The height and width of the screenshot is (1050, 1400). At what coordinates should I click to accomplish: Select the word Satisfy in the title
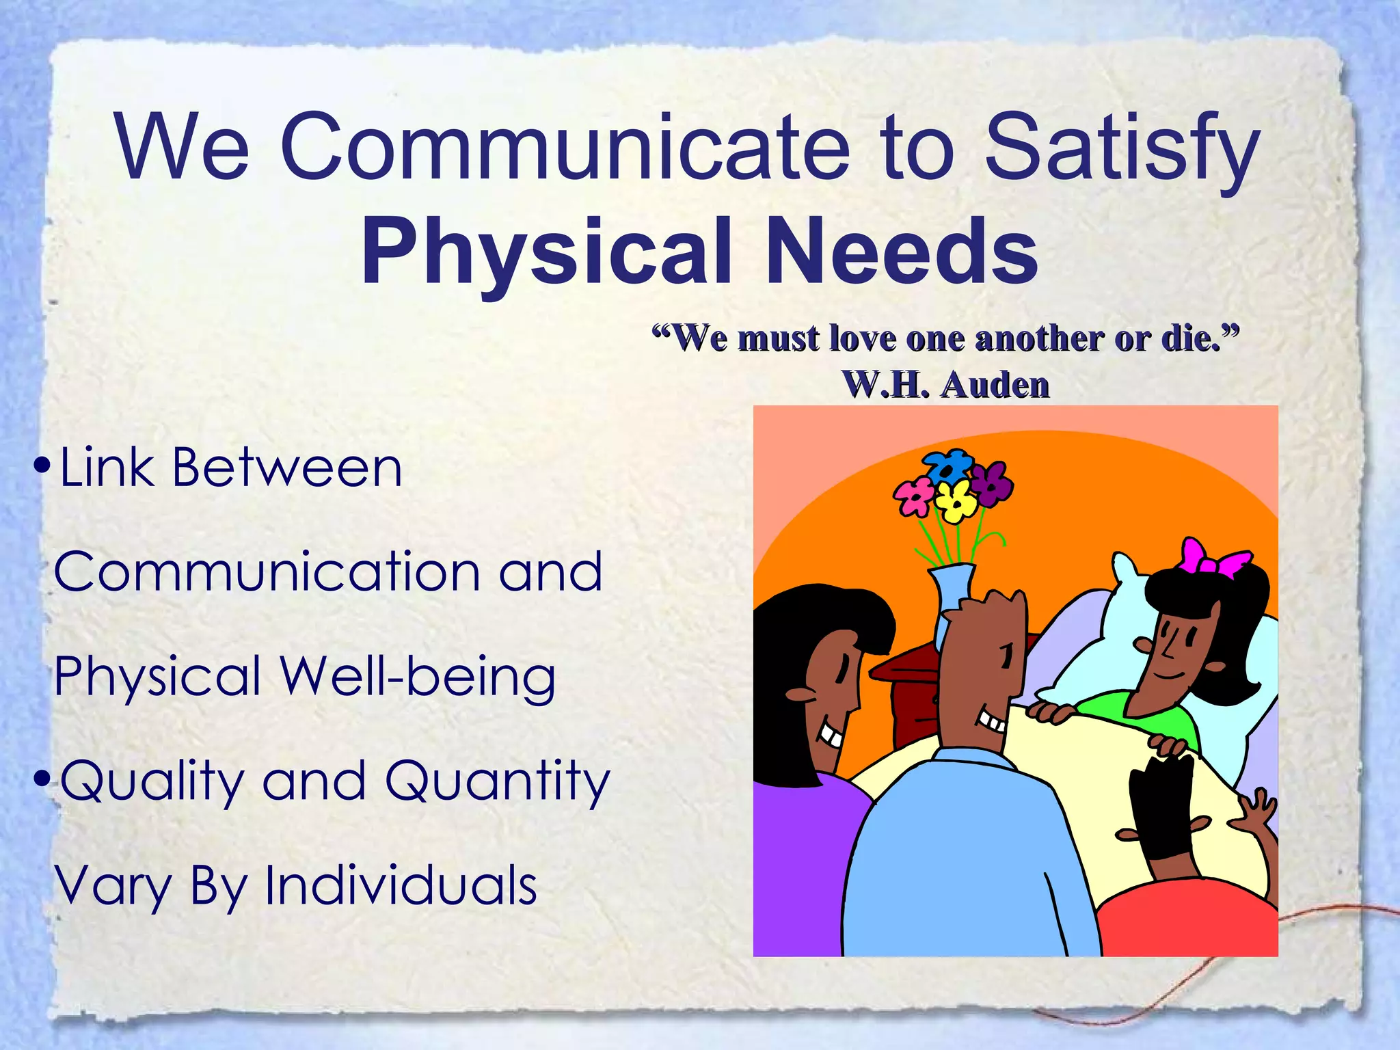pyautogui.click(x=1121, y=150)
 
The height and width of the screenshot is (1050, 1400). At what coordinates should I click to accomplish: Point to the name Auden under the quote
pyautogui.click(x=995, y=385)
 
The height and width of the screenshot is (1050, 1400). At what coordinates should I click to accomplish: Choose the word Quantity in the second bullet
pyautogui.click(x=497, y=781)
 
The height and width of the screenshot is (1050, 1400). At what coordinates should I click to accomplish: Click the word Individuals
pyautogui.click(x=401, y=885)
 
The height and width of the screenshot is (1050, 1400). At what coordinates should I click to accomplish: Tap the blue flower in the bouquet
pyautogui.click(x=948, y=467)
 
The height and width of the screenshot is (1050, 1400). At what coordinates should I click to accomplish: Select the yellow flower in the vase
pyautogui.click(x=956, y=500)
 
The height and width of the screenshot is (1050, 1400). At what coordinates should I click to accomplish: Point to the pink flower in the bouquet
pyautogui.click(x=914, y=496)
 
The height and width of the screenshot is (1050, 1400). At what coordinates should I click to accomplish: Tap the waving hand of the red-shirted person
pyautogui.click(x=1256, y=811)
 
